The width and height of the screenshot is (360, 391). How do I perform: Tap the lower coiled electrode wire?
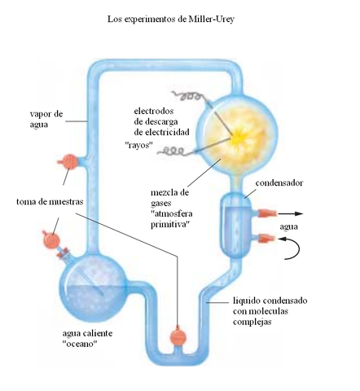176,151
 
